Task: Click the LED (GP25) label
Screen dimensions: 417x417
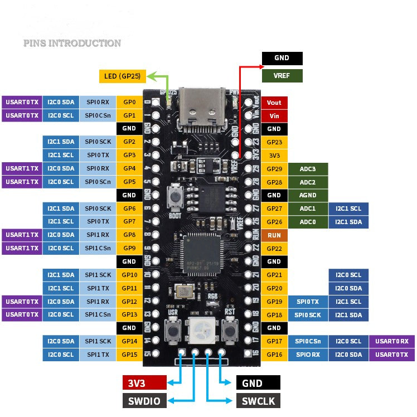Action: coord(122,76)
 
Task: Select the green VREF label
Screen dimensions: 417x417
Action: coord(282,76)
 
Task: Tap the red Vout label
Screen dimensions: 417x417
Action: coord(274,103)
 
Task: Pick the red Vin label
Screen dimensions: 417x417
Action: coord(274,116)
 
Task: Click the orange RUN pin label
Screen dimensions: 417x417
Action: coord(274,235)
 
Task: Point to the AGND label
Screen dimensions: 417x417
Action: coord(308,195)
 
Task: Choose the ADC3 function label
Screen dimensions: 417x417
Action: coord(308,168)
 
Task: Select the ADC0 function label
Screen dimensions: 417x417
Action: coord(308,222)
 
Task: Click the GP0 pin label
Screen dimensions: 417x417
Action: coord(129,103)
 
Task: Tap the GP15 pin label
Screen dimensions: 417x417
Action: coord(129,355)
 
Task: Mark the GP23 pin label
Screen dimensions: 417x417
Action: coord(274,142)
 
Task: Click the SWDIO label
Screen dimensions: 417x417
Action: coord(144,401)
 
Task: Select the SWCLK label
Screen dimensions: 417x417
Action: coord(258,401)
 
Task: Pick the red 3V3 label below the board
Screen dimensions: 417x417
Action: coord(144,382)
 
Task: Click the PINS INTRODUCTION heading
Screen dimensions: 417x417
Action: coord(72,43)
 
